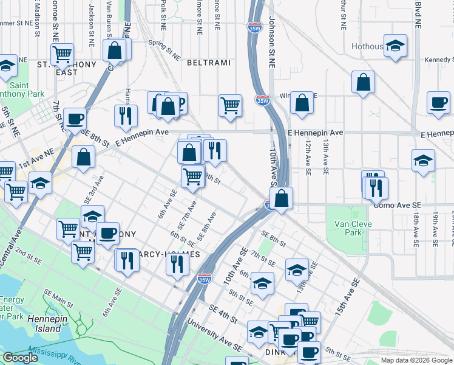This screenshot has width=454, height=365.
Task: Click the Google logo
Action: [20, 358]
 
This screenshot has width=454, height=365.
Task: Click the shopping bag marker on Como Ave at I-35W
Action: [282, 198]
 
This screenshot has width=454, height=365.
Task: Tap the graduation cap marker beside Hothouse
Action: [396, 46]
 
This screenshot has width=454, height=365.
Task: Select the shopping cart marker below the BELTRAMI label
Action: [231, 105]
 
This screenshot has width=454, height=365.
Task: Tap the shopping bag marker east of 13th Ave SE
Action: [363, 83]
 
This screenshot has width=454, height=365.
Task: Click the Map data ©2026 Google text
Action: [416, 360]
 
